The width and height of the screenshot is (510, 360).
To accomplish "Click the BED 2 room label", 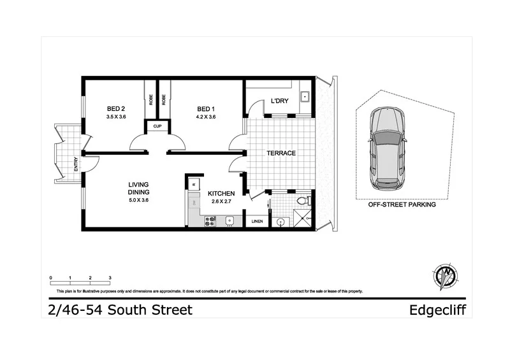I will click(x=115, y=108).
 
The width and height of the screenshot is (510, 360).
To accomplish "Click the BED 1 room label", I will click(x=206, y=108).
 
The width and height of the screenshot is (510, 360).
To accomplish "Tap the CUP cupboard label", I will click(x=157, y=126).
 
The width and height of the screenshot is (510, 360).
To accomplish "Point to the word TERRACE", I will click(x=280, y=154).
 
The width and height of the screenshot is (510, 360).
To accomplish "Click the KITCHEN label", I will click(x=221, y=194).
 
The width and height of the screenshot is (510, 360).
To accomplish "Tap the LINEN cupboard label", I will click(x=256, y=222).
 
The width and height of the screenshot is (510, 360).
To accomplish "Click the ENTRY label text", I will click(x=76, y=164).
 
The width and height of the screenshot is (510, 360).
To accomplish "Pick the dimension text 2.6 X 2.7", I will click(x=221, y=202).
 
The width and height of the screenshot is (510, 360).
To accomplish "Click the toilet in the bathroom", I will click(x=306, y=200).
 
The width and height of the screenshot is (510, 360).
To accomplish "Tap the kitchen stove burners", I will click(x=210, y=221).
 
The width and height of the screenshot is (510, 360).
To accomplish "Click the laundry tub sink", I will click(x=304, y=97).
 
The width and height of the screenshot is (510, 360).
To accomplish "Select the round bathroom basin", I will click(x=281, y=222).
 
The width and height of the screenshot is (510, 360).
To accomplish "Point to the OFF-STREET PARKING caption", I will click(x=402, y=206).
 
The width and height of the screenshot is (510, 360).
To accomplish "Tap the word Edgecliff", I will click(x=437, y=310).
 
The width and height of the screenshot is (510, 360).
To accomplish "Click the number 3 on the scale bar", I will click(x=110, y=278).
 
